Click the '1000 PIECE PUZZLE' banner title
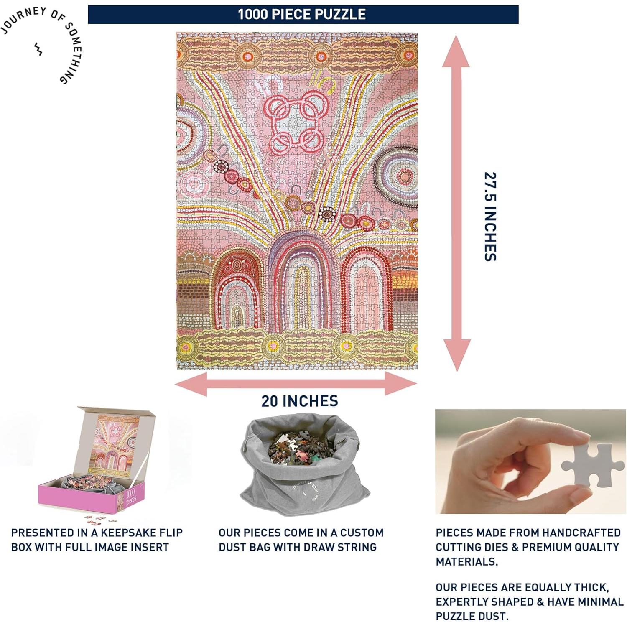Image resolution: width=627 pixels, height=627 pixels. pyautogui.click(x=302, y=14)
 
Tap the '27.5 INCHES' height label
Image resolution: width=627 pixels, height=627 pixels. pyautogui.click(x=490, y=217)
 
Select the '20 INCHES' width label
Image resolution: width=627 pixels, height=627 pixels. pyautogui.click(x=300, y=401)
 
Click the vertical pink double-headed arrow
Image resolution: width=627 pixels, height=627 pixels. pyautogui.click(x=456, y=203)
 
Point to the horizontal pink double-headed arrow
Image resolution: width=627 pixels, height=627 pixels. pyautogui.click(x=296, y=384)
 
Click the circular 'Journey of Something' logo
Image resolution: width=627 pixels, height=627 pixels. pyautogui.click(x=42, y=44)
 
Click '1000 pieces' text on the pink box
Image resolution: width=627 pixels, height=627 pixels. pyautogui.click(x=130, y=496)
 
